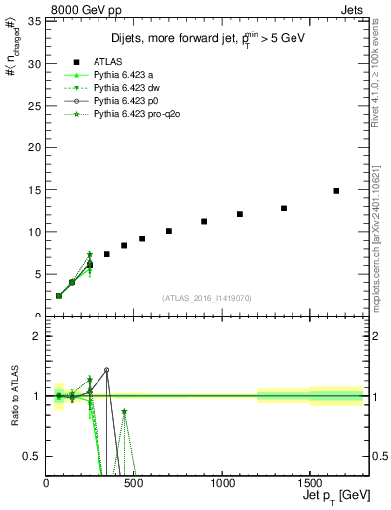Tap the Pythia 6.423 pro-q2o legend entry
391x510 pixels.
145,116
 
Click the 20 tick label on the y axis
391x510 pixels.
36,147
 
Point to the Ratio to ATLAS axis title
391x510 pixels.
14,396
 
